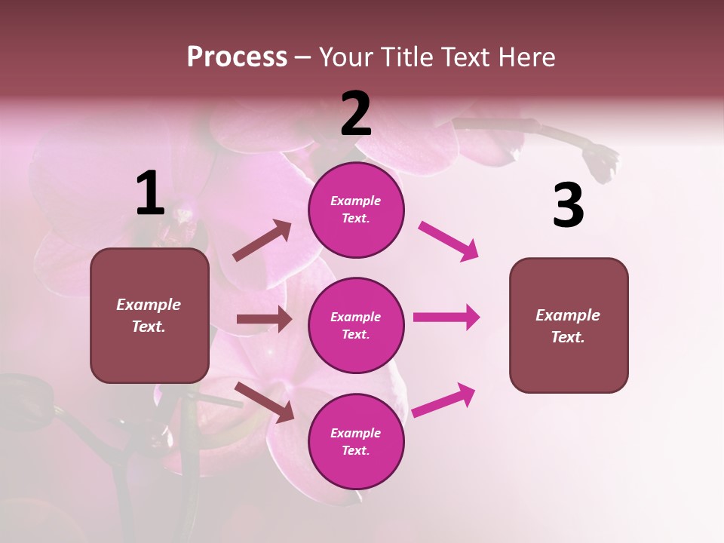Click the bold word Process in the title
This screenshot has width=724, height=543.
click(237, 57)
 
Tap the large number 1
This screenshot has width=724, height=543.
click(150, 193)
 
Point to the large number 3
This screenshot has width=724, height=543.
click(568, 206)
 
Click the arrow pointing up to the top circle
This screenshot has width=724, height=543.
click(262, 241)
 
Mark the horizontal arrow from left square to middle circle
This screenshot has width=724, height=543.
click(264, 319)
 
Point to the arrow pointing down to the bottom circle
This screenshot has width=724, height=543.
click(265, 401)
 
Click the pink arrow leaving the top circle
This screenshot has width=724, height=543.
click(449, 241)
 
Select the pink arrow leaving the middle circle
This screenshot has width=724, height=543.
click(446, 317)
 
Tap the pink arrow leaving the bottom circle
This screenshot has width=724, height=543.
click(444, 400)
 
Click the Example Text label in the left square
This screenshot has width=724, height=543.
click(149, 315)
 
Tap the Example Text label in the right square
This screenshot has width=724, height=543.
click(568, 326)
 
